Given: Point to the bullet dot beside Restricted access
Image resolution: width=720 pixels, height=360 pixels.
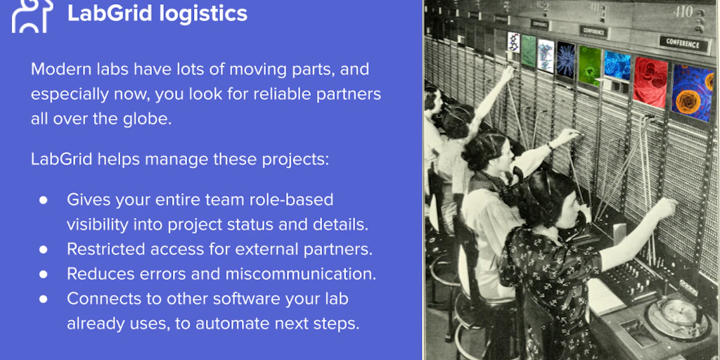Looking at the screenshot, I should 44,249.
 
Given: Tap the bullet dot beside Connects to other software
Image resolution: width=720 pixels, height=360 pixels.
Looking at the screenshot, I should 44,299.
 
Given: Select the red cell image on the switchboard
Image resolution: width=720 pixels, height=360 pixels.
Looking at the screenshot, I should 650,81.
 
